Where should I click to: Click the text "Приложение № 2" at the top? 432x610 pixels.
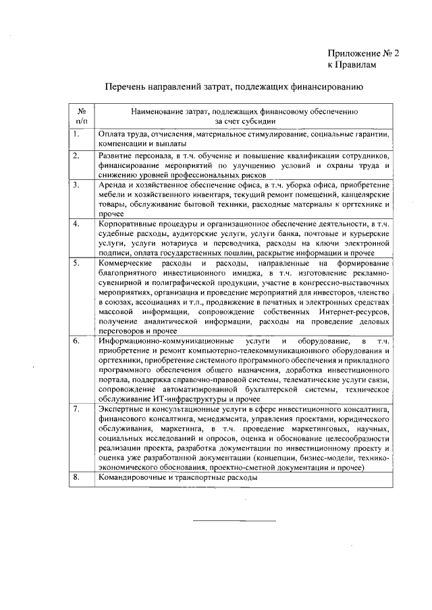pyautogui.click(x=364, y=53)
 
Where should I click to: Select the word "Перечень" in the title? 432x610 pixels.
pyautogui.click(x=126, y=87)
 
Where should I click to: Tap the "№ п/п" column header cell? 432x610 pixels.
pyautogui.click(x=81, y=115)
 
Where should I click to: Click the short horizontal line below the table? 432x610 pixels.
pyautogui.click(x=235, y=520)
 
